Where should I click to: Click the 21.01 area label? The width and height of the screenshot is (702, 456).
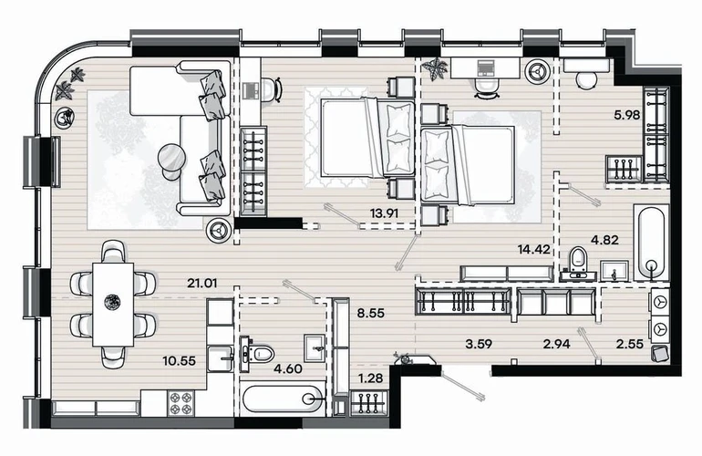coord(202,283)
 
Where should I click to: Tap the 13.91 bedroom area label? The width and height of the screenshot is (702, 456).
coord(384,213)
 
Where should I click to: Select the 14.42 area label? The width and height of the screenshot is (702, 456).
coord(534,249)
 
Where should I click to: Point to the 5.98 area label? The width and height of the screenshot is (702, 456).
coord(627,115)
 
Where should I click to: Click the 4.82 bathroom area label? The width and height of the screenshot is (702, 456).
coord(604,240)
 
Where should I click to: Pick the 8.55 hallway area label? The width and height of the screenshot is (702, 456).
coord(371,313)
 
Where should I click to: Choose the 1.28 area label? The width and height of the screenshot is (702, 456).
coord(371,378)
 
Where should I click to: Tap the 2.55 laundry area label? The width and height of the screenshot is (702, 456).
coord(630,344)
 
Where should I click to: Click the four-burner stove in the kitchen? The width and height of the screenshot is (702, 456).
coord(181,402)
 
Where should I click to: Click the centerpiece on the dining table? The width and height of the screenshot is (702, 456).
coord(113,302)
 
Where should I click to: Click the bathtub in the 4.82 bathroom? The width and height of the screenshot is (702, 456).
coord(652,243)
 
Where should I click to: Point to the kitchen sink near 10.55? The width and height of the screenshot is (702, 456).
coord(220,358)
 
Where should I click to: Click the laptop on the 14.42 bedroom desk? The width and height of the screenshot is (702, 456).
coord(486,67)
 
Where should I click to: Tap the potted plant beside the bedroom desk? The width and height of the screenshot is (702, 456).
coord(435,69)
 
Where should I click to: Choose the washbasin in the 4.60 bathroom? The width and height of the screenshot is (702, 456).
coord(317,347)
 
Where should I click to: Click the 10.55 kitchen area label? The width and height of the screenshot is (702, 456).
coord(179,360)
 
